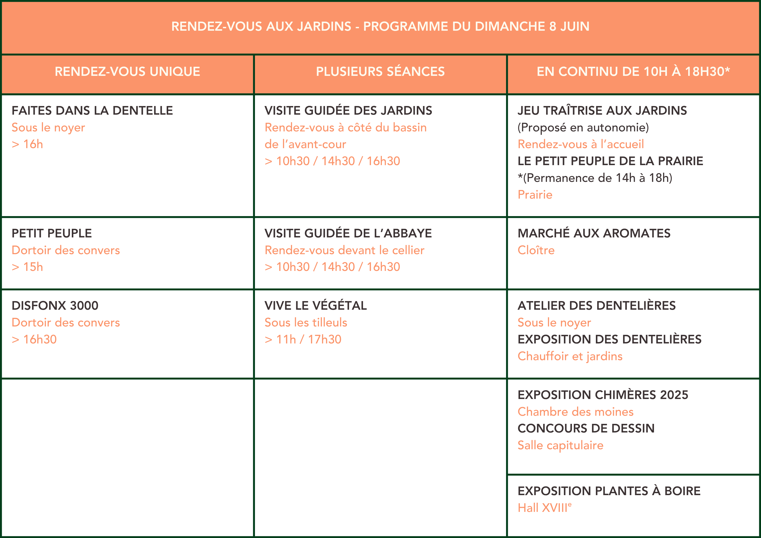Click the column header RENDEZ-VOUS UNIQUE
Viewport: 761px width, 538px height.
127,72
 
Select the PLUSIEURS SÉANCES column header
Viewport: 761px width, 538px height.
380,72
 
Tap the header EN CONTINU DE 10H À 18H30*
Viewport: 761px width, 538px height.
633,72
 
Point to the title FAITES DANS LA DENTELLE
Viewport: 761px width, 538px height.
92,111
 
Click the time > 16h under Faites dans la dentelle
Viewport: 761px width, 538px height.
27,144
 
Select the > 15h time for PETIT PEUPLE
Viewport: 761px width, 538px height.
27,267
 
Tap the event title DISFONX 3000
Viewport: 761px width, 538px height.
55,306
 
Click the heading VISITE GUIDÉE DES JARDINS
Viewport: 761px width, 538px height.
348,111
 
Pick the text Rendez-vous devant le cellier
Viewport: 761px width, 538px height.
344,250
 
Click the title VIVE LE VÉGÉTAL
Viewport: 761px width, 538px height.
316,306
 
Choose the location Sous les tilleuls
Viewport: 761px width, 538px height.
306,323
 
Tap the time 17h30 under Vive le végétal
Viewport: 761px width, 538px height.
324,339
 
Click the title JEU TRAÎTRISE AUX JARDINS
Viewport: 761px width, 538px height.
602,111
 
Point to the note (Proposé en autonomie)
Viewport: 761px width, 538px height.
583,128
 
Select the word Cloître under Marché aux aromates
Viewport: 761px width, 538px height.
536,250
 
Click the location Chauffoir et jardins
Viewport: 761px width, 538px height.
570,356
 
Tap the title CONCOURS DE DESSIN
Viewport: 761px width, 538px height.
586,428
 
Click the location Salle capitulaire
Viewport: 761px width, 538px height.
560,445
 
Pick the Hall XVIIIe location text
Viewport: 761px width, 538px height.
544,508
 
